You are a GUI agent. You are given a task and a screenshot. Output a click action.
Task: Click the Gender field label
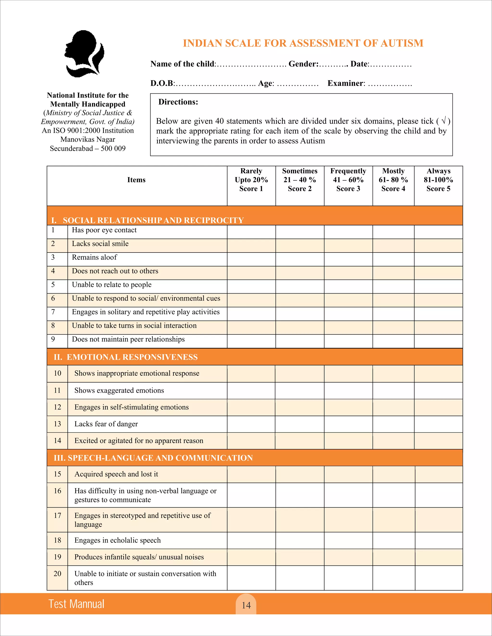tap(303, 64)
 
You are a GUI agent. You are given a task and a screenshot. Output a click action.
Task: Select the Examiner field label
tap(346, 83)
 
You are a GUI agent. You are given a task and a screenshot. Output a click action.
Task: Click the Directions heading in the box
tap(178, 102)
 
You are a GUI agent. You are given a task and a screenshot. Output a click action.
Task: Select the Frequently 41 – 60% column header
tap(348, 180)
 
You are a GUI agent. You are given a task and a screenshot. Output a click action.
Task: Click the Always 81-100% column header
tap(438, 180)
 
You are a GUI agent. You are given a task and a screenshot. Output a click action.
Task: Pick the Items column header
tap(136, 180)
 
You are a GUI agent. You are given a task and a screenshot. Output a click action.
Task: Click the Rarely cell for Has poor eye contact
tap(251, 232)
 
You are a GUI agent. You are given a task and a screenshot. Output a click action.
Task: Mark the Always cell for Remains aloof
tap(438, 259)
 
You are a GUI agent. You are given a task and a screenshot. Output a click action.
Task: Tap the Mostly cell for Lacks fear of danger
tap(393, 424)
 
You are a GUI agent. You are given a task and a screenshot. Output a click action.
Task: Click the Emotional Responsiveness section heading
tap(126, 357)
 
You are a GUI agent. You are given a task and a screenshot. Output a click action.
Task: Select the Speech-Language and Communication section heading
tap(153, 458)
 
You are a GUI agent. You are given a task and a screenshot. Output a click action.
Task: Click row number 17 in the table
tap(57, 516)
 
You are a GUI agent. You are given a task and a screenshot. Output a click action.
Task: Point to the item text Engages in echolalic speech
tap(117, 540)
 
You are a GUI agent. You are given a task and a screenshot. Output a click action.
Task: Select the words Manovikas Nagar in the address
tap(88, 139)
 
